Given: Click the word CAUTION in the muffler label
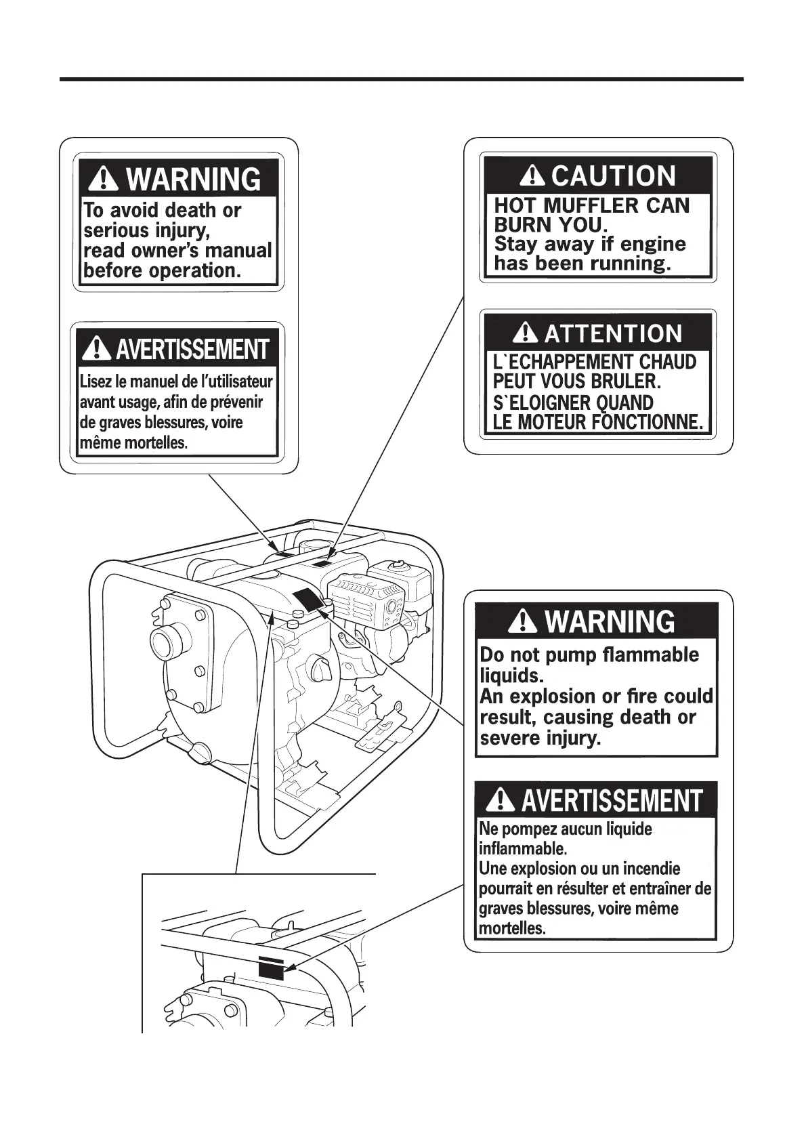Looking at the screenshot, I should [x=613, y=176].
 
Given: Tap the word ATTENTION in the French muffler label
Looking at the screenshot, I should [x=613, y=334].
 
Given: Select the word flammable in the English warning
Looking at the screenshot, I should [x=651, y=655].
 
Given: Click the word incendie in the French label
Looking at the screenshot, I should [x=651, y=869].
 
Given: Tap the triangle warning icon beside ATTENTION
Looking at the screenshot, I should [x=526, y=333].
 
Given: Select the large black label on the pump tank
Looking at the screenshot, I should [x=308, y=599].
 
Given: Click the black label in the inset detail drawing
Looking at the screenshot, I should [x=272, y=970].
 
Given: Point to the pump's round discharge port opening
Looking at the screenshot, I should [x=163, y=640].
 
